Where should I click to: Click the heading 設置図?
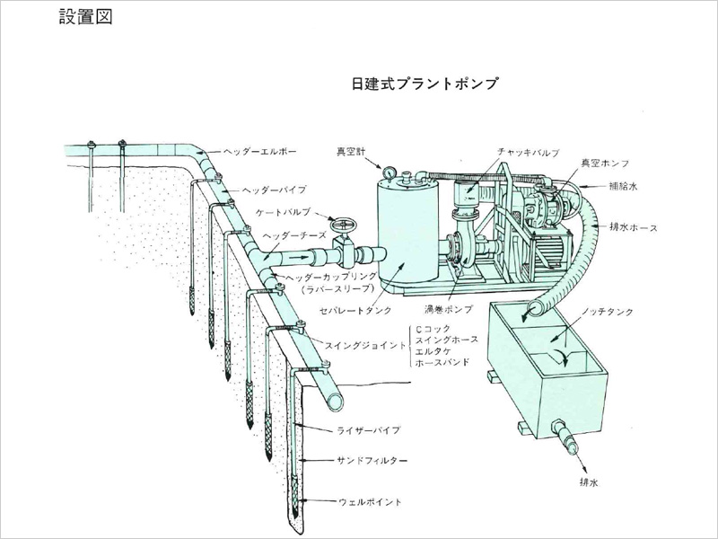85,17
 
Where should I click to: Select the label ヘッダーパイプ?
276,190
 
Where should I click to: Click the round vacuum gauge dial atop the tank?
388,172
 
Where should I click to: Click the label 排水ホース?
634,227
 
